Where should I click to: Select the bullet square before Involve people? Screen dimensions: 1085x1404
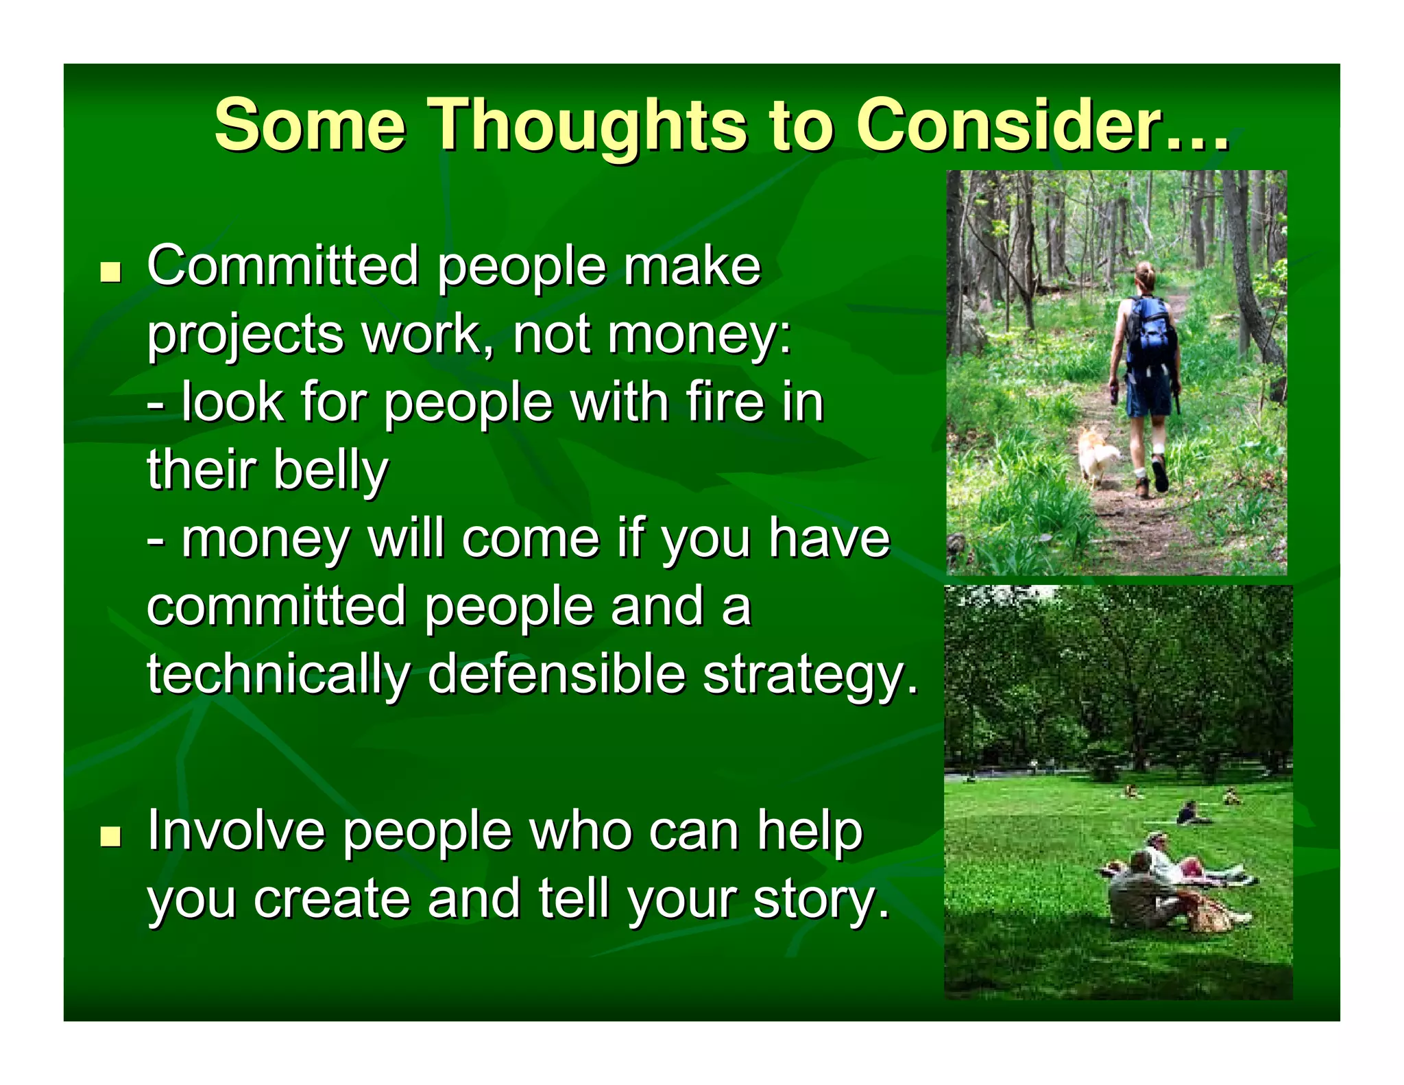(110, 836)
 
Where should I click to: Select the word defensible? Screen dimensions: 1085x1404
(556, 673)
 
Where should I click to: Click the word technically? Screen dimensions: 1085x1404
(278, 673)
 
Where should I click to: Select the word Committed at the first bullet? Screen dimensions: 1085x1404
(282, 266)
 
